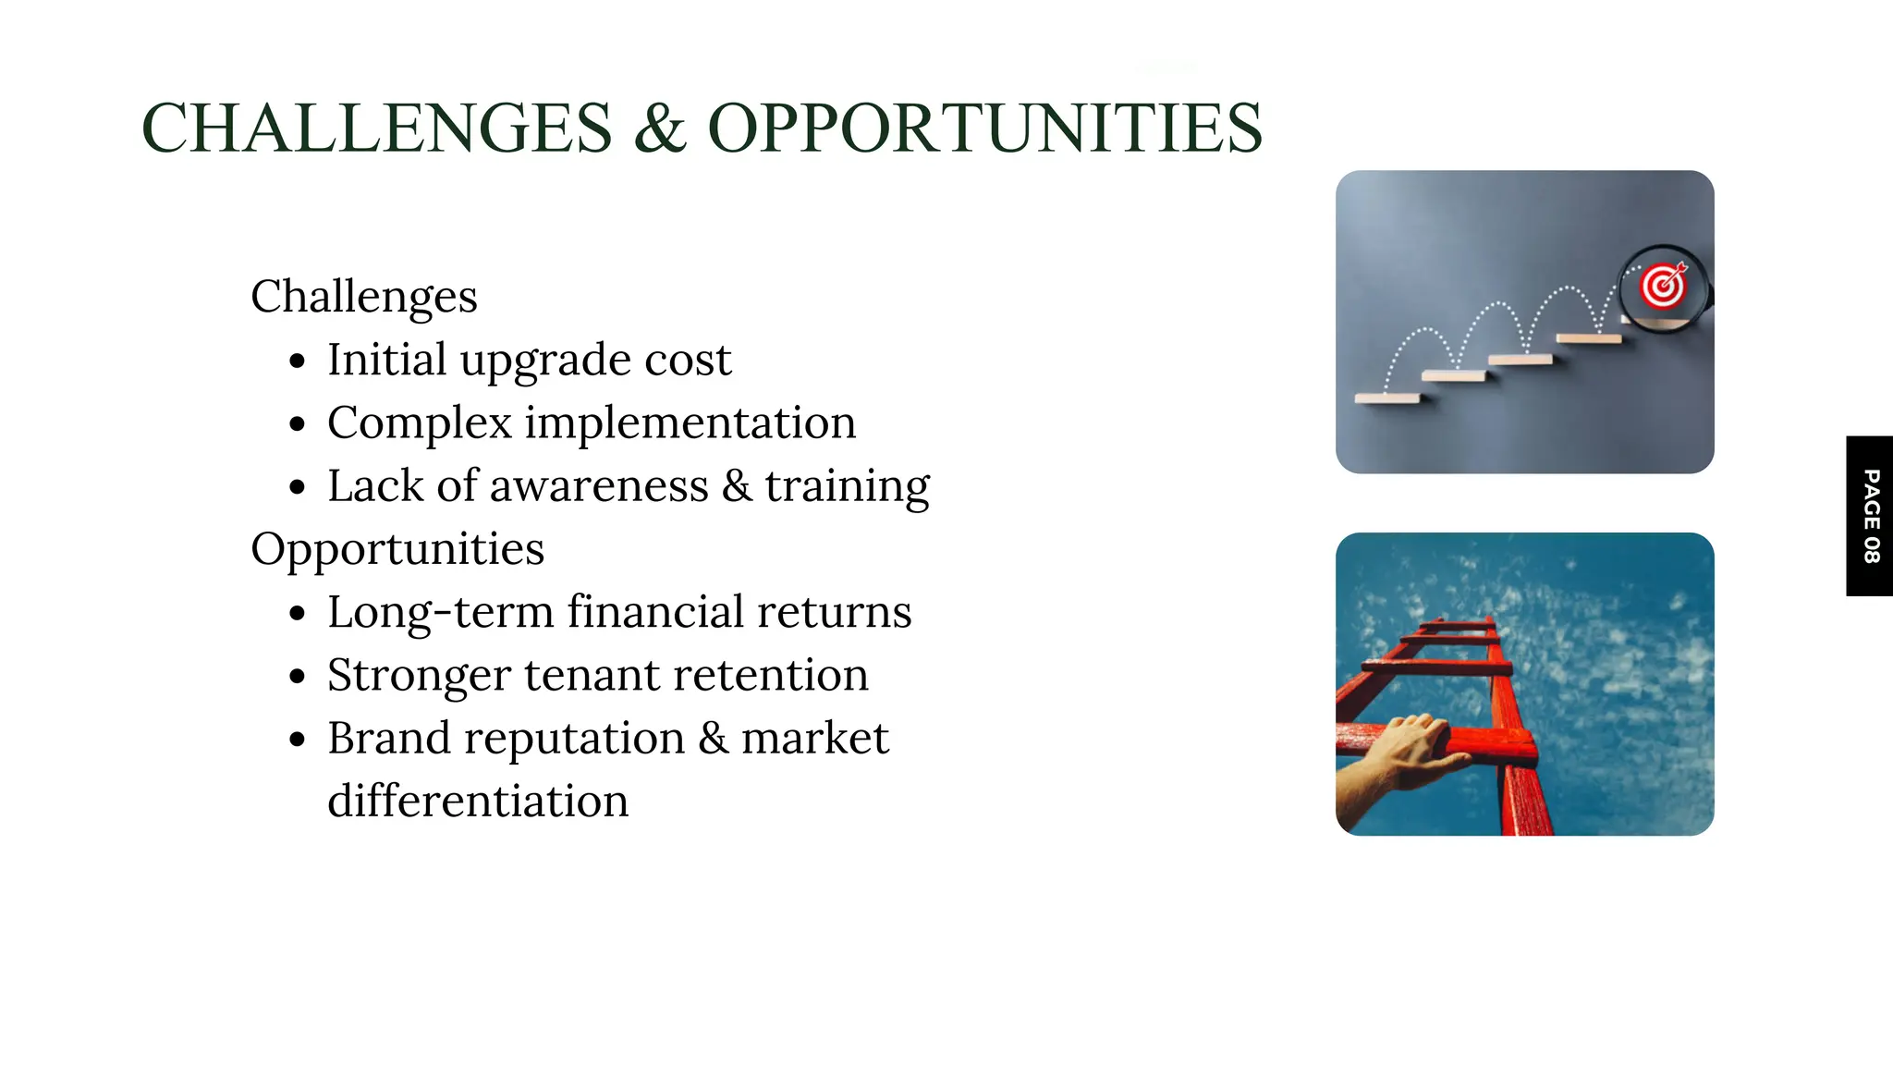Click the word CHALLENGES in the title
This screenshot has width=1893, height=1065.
pyautogui.click(x=377, y=128)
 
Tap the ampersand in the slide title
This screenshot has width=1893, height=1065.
pyautogui.click(x=660, y=128)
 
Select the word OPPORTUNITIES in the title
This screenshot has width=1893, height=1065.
pyautogui.click(x=984, y=128)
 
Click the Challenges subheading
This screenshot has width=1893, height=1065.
pyautogui.click(x=364, y=298)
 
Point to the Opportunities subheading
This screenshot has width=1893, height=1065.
pyautogui.click(x=397, y=549)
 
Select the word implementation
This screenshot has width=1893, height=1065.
pyautogui.click(x=690, y=423)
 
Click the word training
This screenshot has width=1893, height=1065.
pyautogui.click(x=847, y=486)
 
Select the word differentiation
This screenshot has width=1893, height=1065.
pyautogui.click(x=478, y=801)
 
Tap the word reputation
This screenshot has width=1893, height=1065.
pyautogui.click(x=574, y=738)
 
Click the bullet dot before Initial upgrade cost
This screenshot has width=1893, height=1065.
pyautogui.click(x=297, y=361)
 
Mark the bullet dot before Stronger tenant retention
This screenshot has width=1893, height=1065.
pyautogui.click(x=297, y=677)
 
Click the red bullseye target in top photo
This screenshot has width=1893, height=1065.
pyautogui.click(x=1663, y=286)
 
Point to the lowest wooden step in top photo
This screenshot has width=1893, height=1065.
pyautogui.click(x=1386, y=398)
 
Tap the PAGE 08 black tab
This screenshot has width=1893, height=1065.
pyautogui.click(x=1869, y=516)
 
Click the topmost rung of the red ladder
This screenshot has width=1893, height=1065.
pyautogui.click(x=1458, y=625)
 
